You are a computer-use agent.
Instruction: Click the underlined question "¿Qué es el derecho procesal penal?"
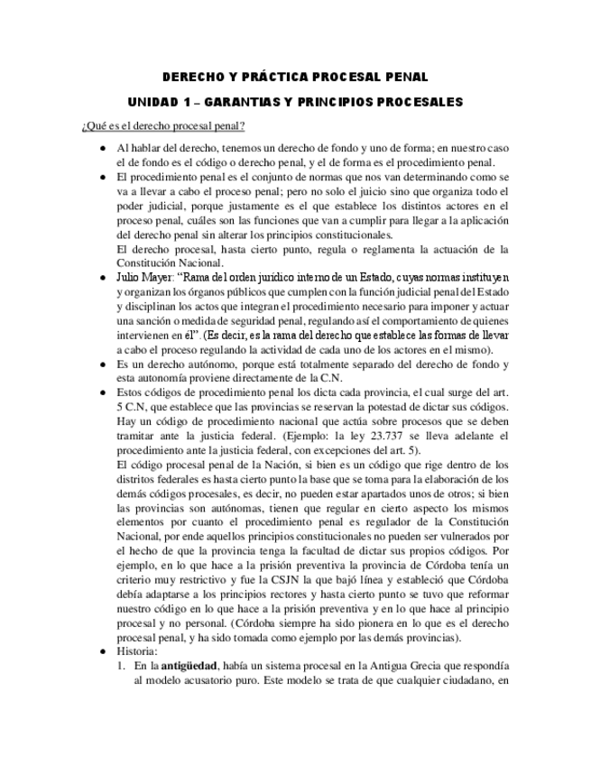[x=163, y=125]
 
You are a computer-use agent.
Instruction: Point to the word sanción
[x=153, y=321]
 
